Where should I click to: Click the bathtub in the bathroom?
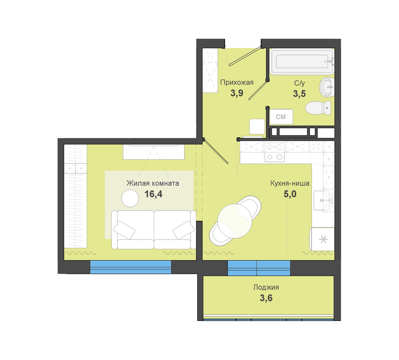[x=302, y=61]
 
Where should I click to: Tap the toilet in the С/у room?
[x=318, y=108]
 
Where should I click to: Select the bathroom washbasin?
[x=327, y=87]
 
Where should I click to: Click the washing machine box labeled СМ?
[x=281, y=117]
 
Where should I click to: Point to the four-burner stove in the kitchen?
[x=275, y=152]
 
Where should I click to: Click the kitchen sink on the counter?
[x=324, y=200]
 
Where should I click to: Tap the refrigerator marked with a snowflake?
[x=322, y=240]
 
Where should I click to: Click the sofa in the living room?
[x=154, y=229]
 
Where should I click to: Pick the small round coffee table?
[x=130, y=198]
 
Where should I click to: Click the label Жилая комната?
[x=153, y=183]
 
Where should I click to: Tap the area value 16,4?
[x=153, y=194]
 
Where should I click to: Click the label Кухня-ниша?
[x=290, y=183]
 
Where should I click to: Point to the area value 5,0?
[x=290, y=194]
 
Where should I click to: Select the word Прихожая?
[x=237, y=82]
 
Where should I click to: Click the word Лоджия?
[x=266, y=288]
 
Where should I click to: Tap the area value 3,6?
[x=266, y=298]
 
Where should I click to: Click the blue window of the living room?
[x=131, y=267]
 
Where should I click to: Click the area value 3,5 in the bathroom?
[x=299, y=93]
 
